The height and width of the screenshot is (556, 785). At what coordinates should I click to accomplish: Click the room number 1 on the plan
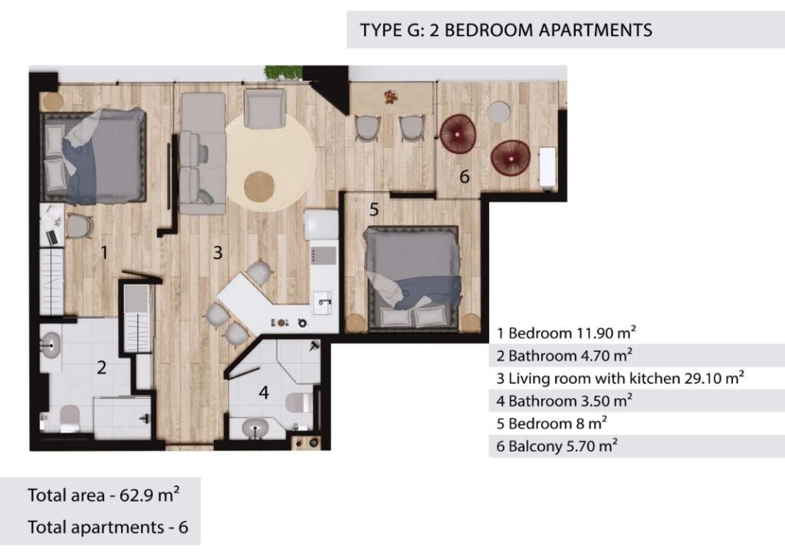104,252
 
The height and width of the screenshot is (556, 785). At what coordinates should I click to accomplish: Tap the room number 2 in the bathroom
102,367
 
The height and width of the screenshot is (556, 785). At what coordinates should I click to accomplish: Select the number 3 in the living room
217,252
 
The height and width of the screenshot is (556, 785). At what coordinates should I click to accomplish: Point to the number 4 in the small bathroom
264,392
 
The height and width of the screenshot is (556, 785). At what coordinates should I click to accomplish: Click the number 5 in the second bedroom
374,209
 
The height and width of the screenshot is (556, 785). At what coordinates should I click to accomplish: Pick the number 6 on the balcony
465,176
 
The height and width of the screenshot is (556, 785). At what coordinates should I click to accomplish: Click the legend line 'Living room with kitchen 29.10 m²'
620,378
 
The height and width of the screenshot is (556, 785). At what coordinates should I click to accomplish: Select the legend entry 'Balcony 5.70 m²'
557,446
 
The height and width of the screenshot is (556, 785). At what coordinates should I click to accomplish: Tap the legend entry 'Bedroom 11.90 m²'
567,333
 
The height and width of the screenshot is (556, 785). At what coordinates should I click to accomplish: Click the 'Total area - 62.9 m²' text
103,495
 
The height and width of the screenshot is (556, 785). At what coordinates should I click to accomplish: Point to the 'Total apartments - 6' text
108,527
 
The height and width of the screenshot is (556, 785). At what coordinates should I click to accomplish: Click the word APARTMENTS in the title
595,30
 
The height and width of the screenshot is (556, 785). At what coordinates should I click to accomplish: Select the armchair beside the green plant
264,108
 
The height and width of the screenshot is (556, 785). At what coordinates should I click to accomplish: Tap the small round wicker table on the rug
259,187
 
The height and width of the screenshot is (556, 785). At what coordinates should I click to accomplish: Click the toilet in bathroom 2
69,418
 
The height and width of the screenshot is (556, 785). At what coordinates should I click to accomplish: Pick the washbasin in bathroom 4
255,428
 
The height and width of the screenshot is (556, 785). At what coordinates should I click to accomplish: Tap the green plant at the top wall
283,72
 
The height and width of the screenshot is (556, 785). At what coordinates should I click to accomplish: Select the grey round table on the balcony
499,112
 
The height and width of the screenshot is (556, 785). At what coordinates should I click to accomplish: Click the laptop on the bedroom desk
51,237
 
